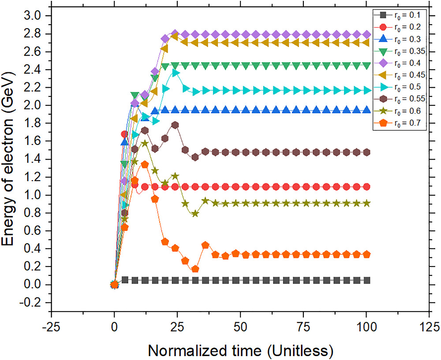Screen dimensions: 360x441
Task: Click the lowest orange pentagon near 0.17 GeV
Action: [x=195, y=269]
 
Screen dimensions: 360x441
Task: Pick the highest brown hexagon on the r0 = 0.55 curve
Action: [x=175, y=125]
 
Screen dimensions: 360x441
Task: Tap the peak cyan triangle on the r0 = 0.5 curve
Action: [x=175, y=73]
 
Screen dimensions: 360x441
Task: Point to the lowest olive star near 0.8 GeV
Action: [x=195, y=214]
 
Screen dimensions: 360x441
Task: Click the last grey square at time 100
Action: [x=366, y=280]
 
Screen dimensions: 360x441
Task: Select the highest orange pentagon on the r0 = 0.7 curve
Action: [x=145, y=164]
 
